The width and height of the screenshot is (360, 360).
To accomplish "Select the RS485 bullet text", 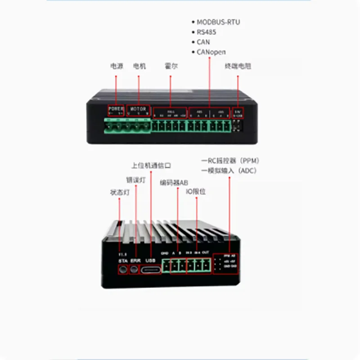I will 207,32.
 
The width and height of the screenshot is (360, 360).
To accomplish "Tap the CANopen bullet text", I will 211,52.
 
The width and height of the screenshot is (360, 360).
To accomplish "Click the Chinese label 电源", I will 116,66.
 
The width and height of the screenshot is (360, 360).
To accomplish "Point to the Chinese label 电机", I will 139,66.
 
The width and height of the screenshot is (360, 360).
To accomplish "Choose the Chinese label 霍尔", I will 171,66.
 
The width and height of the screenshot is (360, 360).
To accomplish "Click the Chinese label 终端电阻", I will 238,66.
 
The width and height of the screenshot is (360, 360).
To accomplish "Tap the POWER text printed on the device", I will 116,109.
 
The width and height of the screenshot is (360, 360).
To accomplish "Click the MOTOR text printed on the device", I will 138,109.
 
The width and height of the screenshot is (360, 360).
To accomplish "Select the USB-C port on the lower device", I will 151,270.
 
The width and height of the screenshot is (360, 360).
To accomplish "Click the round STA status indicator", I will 122,270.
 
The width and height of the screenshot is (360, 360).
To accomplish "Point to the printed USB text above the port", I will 151,261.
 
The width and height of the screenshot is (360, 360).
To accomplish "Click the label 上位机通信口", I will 151,165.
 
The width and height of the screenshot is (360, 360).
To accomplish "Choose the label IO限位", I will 196,191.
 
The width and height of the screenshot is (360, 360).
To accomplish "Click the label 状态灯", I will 119,192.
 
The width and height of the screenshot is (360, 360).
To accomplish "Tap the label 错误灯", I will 135,180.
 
